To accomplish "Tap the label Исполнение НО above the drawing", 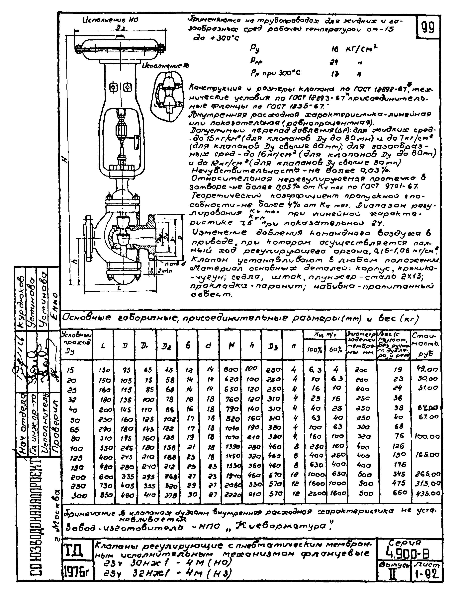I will [x=110, y=20].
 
